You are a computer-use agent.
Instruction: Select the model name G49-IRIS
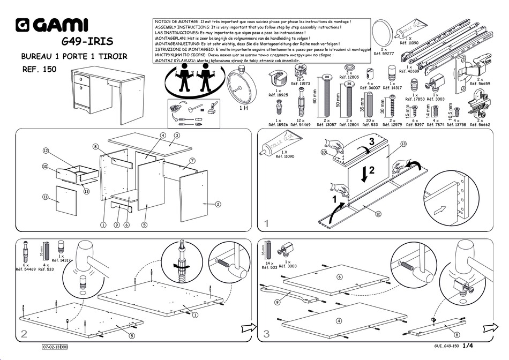(87, 42)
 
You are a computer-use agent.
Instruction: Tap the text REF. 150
(39, 69)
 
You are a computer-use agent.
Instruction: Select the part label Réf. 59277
(384, 54)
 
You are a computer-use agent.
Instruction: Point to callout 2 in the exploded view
(218, 204)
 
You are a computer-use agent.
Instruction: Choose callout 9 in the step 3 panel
(277, 302)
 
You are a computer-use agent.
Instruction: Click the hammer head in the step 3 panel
(465, 257)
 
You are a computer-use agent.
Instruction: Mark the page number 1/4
(468, 346)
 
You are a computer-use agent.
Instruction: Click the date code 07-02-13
(51, 347)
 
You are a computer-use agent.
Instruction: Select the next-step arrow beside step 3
(489, 327)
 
